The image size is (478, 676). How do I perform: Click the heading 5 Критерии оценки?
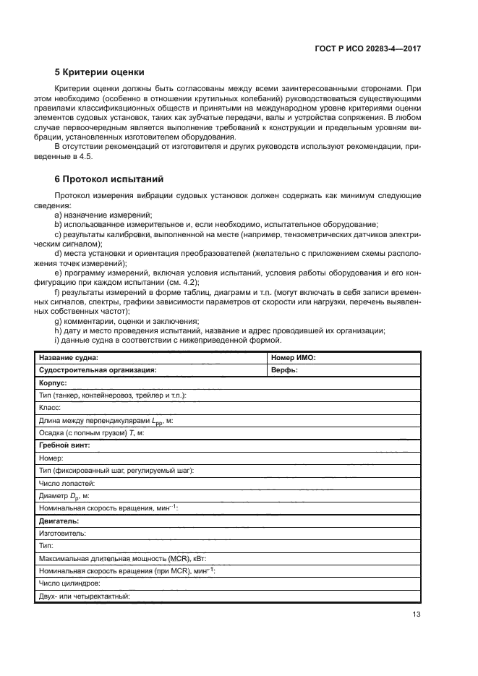click(100, 72)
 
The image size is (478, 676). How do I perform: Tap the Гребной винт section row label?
click(64, 445)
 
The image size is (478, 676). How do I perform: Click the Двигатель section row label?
click(59, 521)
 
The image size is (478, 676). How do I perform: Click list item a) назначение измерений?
click(103, 215)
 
